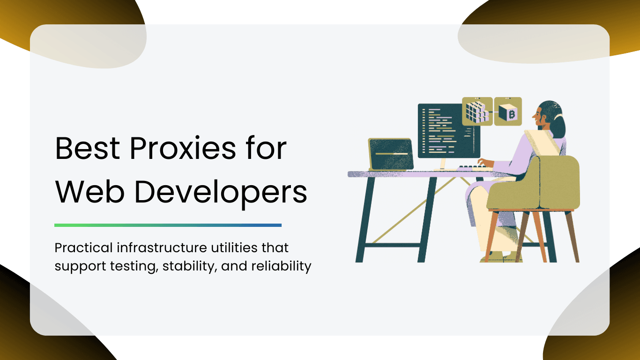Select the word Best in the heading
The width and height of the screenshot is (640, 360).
[88, 148]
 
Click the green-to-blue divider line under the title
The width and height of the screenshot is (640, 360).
[168, 225]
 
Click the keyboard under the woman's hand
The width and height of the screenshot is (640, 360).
[471, 167]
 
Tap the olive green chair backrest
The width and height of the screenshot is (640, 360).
[558, 183]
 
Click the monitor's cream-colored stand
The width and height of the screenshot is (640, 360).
[442, 164]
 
